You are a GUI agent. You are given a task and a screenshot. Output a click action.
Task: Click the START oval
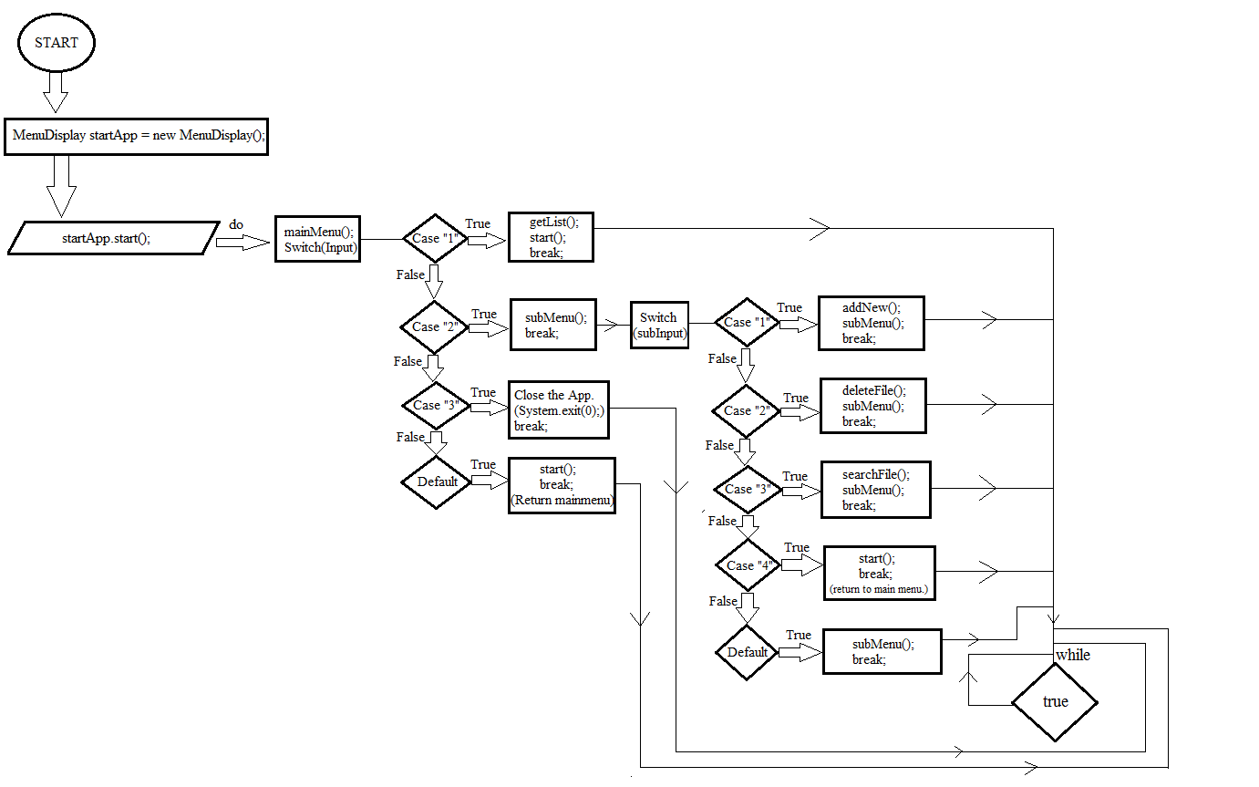tap(56, 43)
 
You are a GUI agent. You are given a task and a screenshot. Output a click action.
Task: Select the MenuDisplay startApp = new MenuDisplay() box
tap(136, 136)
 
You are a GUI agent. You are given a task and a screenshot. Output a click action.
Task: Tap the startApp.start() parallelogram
tap(113, 238)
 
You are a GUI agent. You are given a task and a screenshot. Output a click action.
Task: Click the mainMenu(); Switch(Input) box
tap(317, 239)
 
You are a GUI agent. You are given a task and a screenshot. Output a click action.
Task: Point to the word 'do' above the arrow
tap(236, 223)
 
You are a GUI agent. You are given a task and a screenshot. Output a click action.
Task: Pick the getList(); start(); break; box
tap(550, 237)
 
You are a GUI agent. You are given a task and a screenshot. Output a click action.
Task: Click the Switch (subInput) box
tap(659, 326)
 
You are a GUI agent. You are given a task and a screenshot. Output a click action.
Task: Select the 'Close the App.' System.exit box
tap(559, 409)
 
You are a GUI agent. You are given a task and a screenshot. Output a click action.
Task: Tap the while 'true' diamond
tap(1055, 701)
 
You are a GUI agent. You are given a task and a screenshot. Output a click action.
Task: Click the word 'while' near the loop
tap(1073, 655)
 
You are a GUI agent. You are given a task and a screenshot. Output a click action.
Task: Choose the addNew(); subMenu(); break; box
tap(871, 323)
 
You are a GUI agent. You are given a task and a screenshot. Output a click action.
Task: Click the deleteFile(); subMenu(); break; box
tap(872, 406)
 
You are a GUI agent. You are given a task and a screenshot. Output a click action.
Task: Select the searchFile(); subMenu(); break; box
tap(875, 490)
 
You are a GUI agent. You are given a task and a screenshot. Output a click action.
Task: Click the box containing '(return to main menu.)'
tap(879, 574)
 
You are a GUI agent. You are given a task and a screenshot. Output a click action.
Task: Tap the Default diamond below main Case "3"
tap(437, 482)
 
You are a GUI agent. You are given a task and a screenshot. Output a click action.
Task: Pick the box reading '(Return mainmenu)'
tap(562, 485)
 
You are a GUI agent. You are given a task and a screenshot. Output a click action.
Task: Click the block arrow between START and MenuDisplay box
tap(56, 91)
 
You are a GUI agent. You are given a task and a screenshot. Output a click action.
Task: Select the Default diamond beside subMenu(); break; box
tap(748, 652)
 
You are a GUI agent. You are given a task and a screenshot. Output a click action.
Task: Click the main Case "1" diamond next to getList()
tap(436, 239)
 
